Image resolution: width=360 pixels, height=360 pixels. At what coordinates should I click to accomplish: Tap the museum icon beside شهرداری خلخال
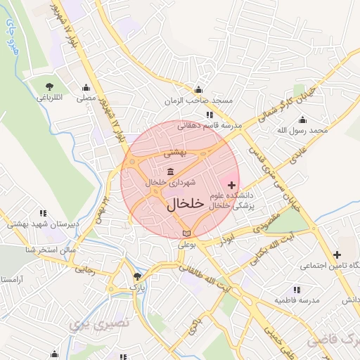[x=172, y=172]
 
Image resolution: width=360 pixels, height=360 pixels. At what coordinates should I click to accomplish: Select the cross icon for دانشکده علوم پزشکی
[x=233, y=184]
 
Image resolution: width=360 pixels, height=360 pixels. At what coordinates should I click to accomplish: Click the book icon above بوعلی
[x=186, y=233]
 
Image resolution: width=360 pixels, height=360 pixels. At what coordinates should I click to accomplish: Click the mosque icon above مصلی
[x=86, y=88]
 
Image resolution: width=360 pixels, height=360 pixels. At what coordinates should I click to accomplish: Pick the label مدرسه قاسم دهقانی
[x=209, y=126]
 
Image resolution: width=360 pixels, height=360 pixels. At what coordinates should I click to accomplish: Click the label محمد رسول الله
[x=302, y=131]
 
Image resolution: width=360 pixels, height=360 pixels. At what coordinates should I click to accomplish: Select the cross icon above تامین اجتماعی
[x=337, y=254]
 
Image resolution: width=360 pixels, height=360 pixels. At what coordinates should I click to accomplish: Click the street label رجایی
[x=84, y=268]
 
